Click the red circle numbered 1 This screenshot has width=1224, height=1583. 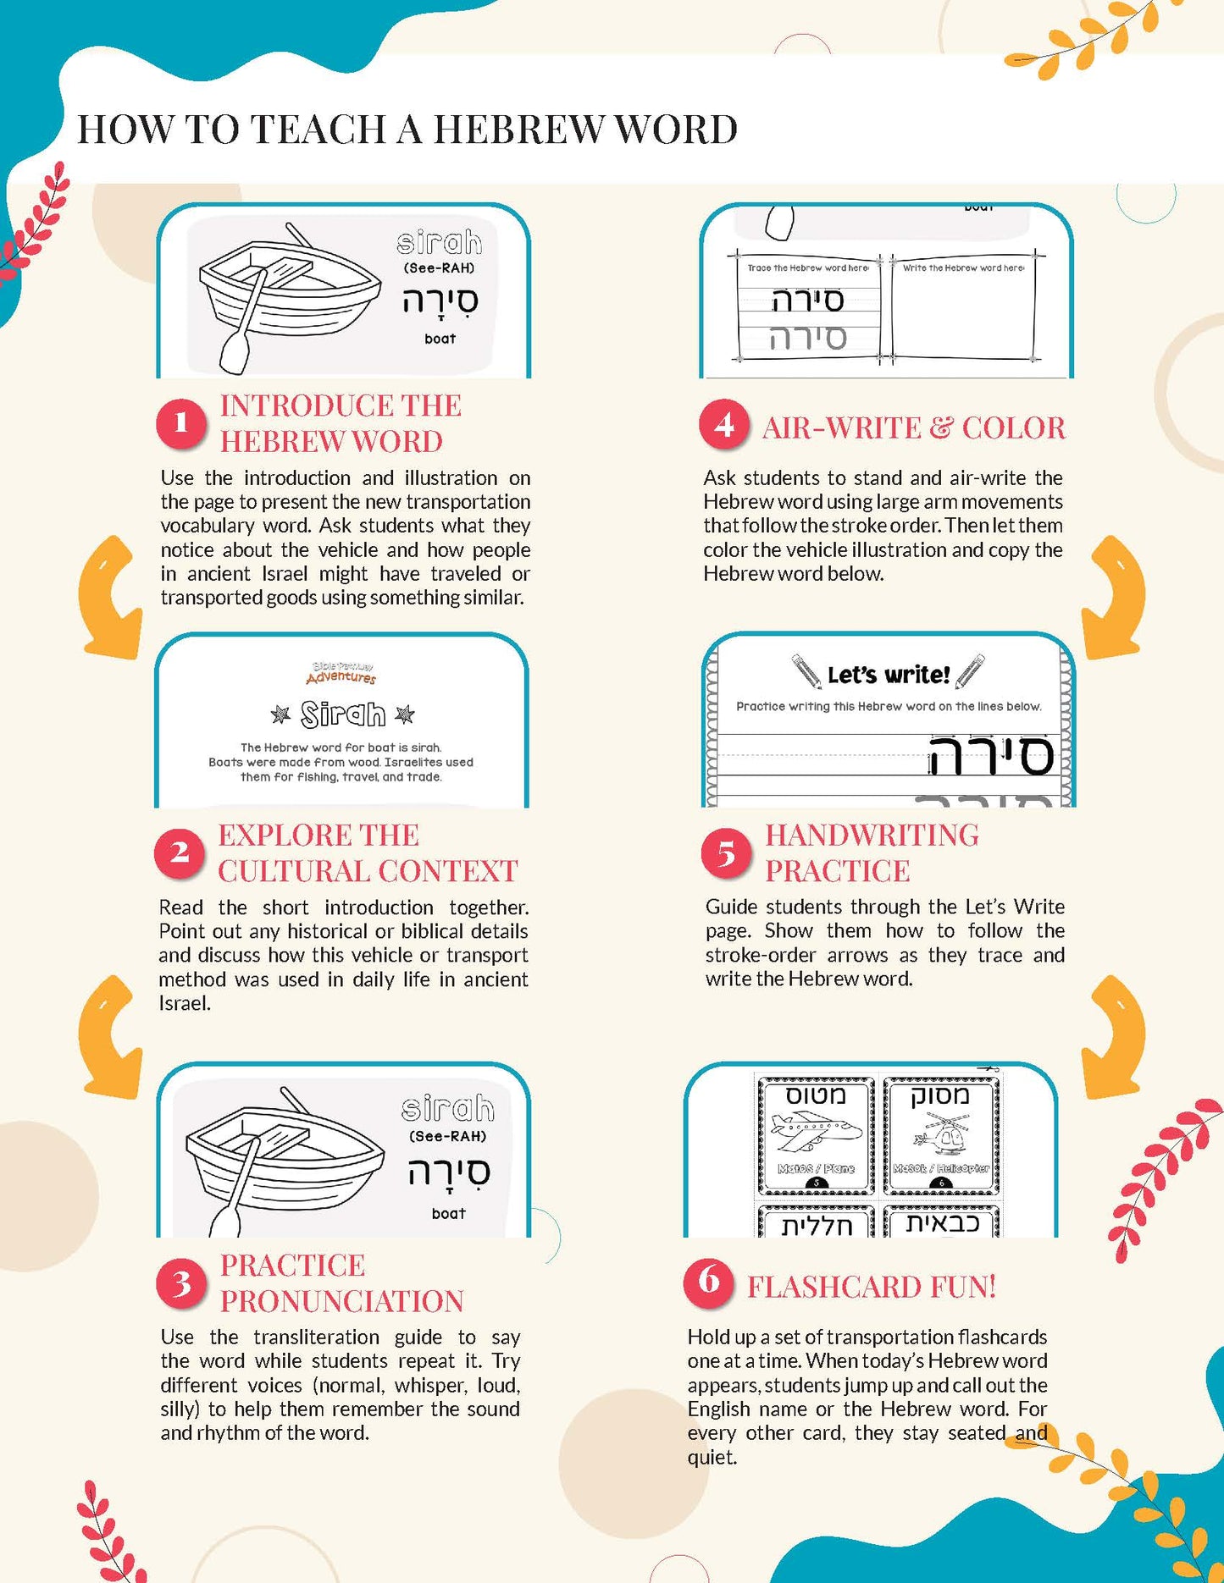[x=180, y=422]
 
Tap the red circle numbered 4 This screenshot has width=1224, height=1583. [x=723, y=425]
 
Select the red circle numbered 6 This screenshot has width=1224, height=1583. [x=708, y=1282]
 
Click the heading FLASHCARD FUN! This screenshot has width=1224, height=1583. [x=871, y=1287]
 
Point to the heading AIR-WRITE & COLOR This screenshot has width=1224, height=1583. [x=913, y=428]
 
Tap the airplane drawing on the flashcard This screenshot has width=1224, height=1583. [x=814, y=1133]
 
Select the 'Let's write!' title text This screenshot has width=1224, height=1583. [x=888, y=675]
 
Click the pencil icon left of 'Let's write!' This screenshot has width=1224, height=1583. [x=806, y=670]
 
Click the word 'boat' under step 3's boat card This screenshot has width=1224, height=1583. [x=448, y=1213]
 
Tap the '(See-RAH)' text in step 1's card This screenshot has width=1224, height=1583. [x=439, y=268]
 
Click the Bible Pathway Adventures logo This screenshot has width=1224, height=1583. [x=341, y=673]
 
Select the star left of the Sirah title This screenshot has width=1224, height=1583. [x=280, y=714]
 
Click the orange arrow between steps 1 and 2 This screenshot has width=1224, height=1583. [x=109, y=597]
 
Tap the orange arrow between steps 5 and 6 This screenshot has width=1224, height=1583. [x=1114, y=1037]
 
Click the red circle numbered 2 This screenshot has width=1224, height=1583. [x=179, y=852]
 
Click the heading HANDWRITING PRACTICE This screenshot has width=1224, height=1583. [x=871, y=852]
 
